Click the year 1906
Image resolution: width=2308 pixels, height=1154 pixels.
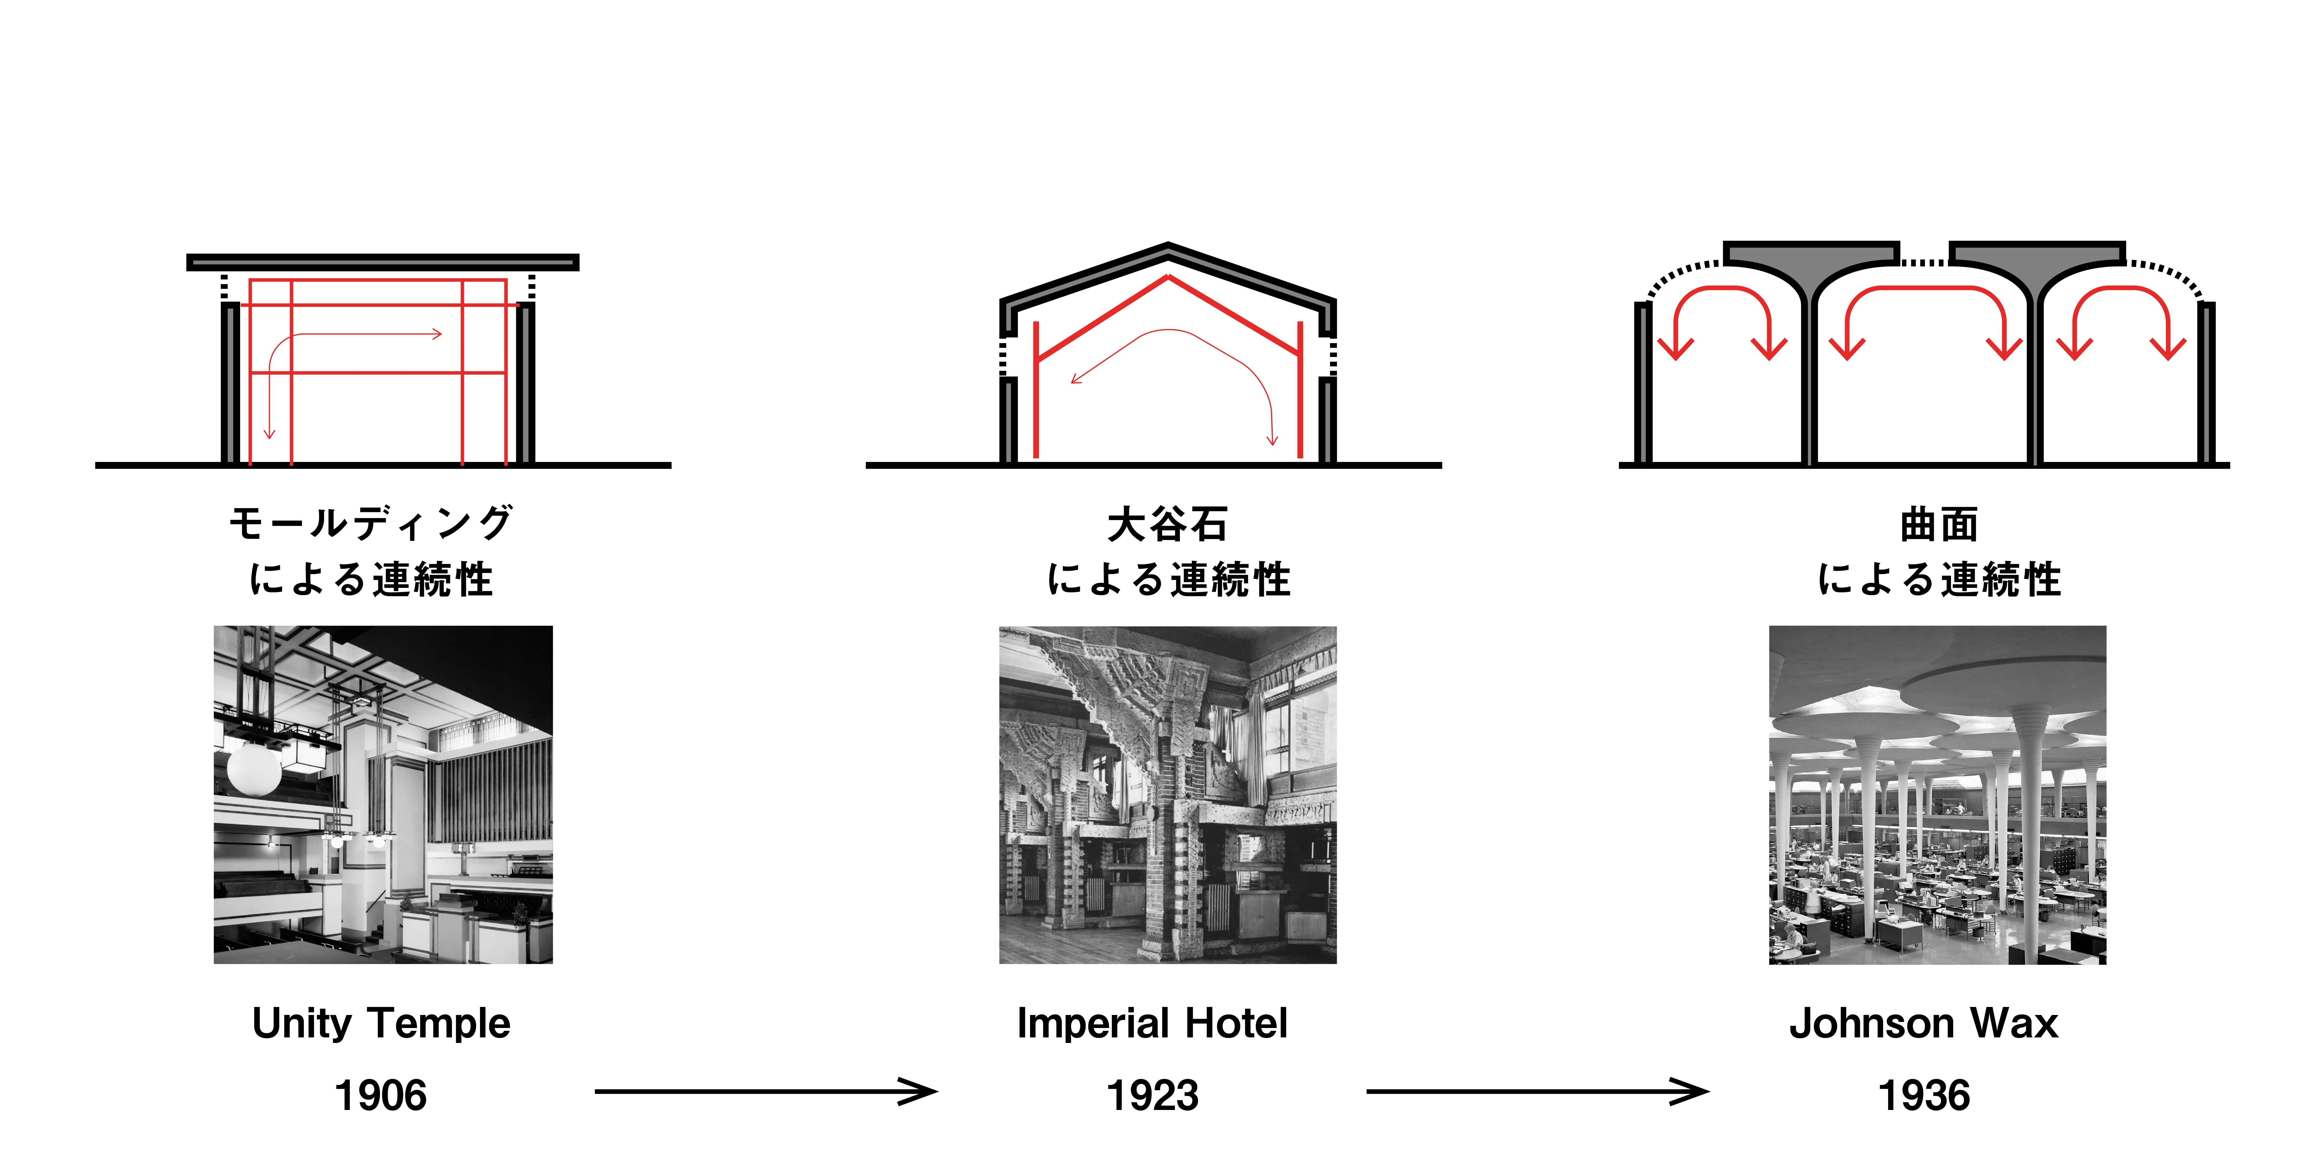tap(381, 1095)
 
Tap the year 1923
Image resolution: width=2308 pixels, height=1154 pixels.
tap(1153, 1095)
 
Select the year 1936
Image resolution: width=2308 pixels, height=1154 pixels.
tap(1924, 1095)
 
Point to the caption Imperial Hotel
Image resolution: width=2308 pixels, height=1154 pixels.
tap(1153, 1023)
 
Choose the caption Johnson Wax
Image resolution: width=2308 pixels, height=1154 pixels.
tap(1924, 1023)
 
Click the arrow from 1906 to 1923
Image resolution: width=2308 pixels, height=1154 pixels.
tap(766, 1091)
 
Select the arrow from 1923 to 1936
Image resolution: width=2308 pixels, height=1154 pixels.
tap(1537, 1091)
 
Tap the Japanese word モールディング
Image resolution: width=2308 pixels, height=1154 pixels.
tap(371, 523)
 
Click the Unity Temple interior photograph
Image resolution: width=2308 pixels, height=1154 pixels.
tap(384, 795)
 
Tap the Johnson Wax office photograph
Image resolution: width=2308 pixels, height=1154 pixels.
tap(1938, 795)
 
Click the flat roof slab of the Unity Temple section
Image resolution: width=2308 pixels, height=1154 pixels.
tap(382, 262)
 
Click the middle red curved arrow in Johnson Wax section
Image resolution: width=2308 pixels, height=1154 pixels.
tap(1924, 289)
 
